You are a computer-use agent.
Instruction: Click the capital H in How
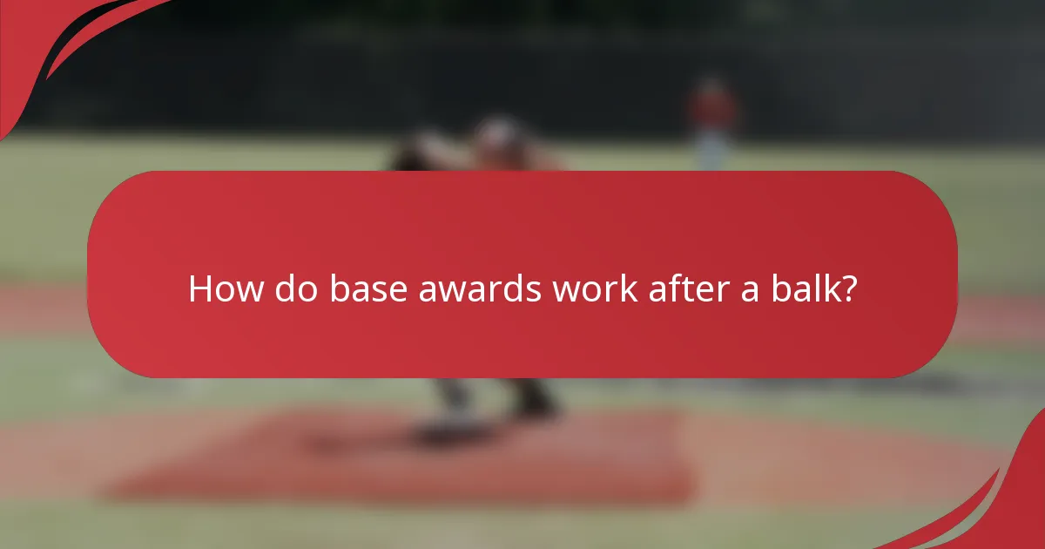coord(199,289)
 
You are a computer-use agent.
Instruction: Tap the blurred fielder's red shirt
coord(713,109)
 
